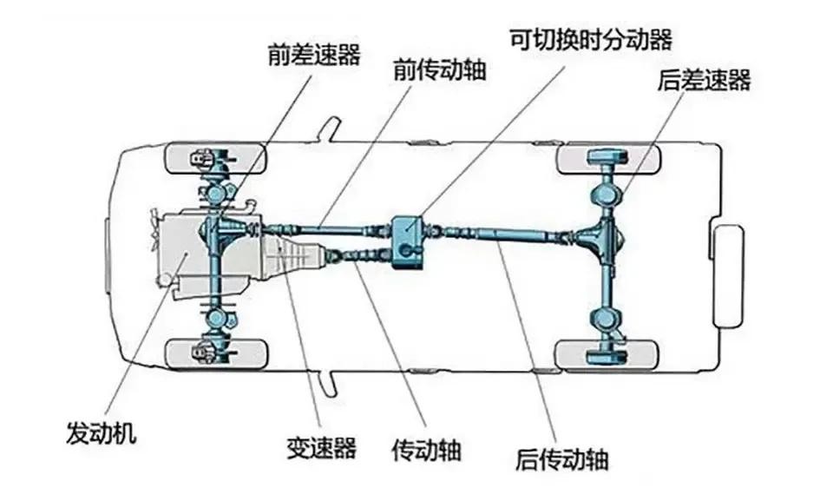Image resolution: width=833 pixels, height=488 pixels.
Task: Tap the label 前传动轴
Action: (439, 70)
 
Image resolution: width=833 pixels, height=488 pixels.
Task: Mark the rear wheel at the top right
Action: (607, 159)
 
